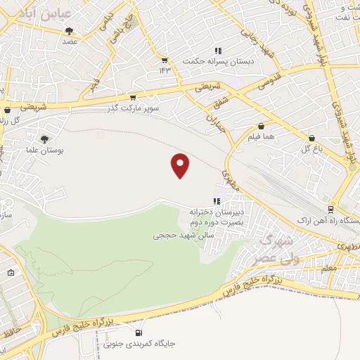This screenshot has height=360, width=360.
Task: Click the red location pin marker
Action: pos(181,165)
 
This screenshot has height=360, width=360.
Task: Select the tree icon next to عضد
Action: pos(69,30)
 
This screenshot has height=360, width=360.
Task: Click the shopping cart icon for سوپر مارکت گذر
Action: pos(133,97)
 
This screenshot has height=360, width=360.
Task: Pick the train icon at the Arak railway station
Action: pos(330,209)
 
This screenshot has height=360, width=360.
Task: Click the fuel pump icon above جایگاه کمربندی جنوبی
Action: pos(138,333)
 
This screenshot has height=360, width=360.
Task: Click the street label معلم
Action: pos(328,268)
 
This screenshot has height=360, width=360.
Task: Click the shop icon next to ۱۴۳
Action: pos(165,60)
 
